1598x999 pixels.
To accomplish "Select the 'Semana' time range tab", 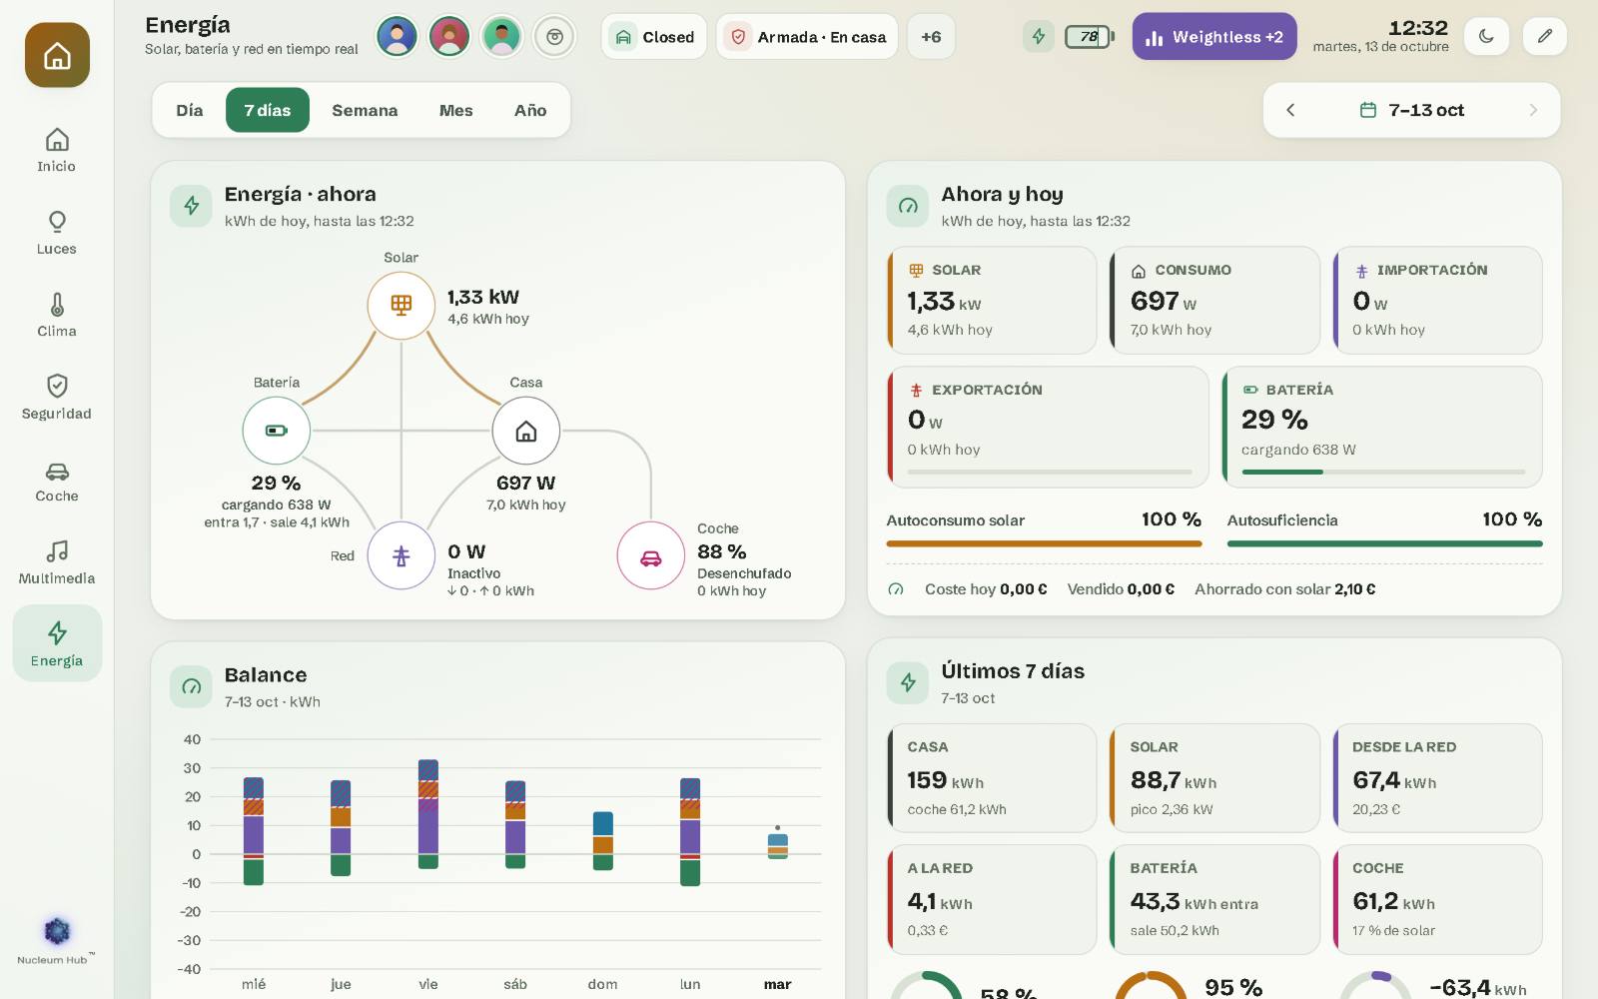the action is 365,110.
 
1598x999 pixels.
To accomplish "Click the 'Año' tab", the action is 530,110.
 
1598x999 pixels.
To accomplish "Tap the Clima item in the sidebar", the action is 57,315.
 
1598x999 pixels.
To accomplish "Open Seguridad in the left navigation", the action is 57,398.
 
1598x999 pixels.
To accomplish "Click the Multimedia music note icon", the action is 57,551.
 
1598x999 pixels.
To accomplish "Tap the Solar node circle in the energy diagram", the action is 400,306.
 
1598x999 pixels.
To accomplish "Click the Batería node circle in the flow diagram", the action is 276,431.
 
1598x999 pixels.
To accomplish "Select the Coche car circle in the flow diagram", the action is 650,555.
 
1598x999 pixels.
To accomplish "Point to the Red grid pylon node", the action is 400,555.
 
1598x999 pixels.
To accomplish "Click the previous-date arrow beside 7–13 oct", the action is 1290,110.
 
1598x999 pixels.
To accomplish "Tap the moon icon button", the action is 1486,36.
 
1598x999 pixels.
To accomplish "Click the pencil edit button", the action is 1544,36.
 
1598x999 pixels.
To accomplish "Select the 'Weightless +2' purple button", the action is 1214,36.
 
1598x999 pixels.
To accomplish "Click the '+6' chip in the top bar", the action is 931,36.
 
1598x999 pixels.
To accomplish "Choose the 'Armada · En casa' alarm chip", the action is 807,36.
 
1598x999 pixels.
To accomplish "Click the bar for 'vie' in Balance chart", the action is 428,814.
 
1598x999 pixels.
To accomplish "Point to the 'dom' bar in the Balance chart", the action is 603,840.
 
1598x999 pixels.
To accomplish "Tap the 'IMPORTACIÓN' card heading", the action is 1432,270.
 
